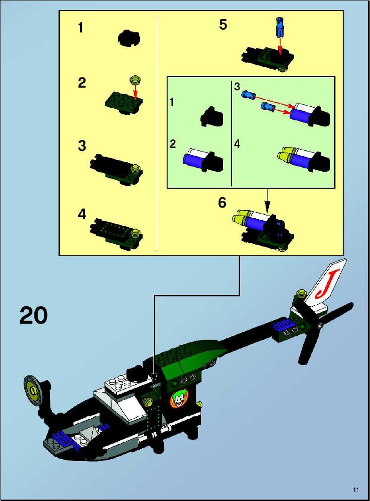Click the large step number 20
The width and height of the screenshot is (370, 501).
click(33, 315)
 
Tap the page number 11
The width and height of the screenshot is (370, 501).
click(356, 490)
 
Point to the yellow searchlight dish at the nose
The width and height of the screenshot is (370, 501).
click(33, 391)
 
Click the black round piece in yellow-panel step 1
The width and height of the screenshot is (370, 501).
click(129, 39)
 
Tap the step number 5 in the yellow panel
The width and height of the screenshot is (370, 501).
click(223, 24)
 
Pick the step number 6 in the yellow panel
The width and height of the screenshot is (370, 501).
click(222, 203)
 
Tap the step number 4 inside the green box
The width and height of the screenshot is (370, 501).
click(237, 144)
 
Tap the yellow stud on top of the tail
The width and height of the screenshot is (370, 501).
click(301, 293)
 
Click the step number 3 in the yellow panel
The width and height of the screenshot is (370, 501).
click(82, 146)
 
